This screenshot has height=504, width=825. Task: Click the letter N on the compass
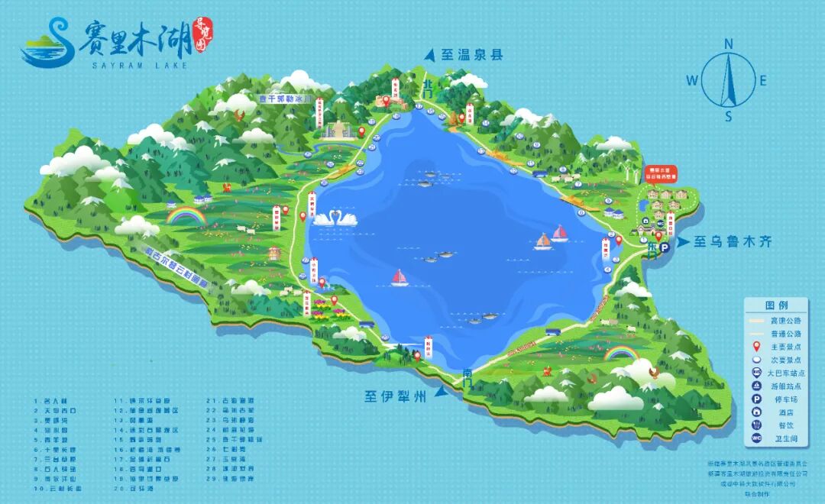729,44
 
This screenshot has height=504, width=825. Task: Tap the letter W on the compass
692,79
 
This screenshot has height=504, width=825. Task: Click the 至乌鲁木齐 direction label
733,243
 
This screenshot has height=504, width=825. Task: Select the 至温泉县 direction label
472,55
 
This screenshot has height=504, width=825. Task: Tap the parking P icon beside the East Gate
665,248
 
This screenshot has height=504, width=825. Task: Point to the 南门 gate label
467,375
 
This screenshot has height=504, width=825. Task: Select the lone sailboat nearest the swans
400,278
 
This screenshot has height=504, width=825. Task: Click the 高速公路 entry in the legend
786,321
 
